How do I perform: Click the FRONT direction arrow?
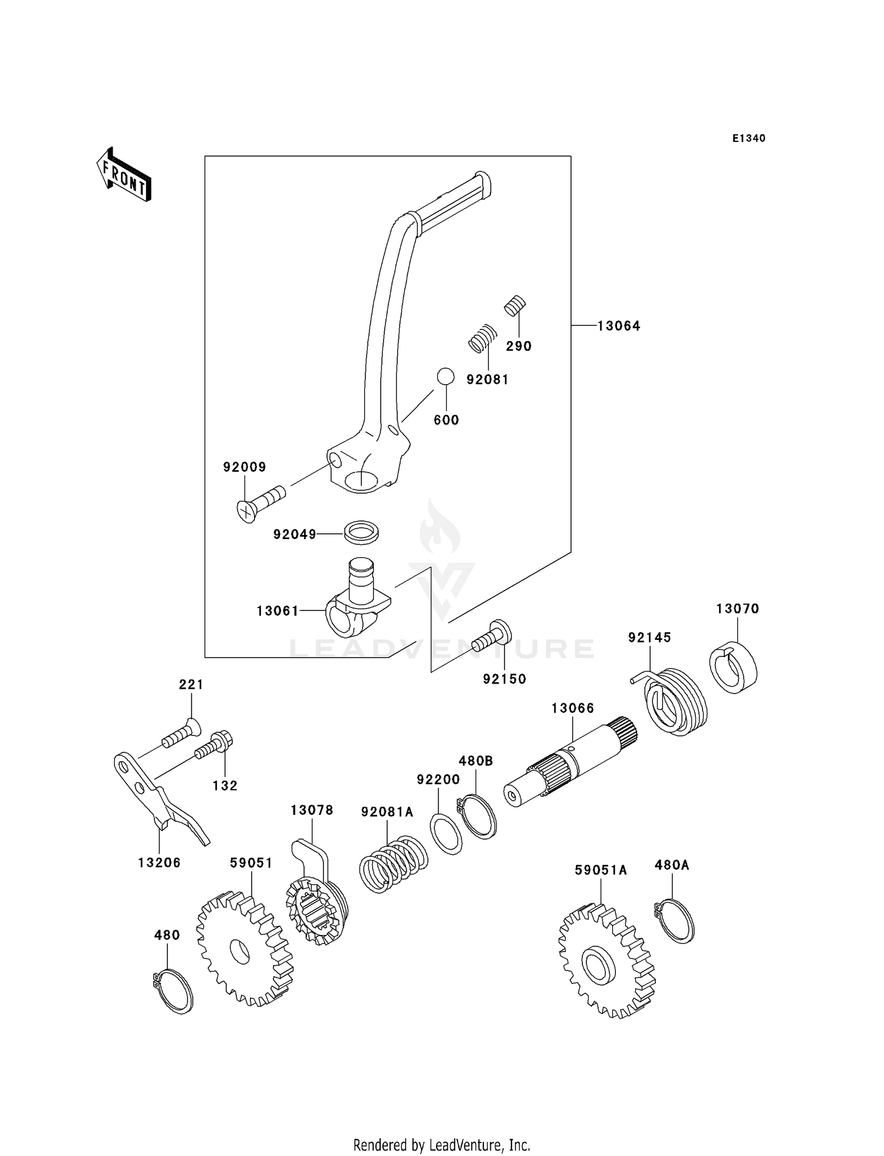pyautogui.click(x=124, y=175)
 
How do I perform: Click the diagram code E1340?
pyautogui.click(x=748, y=138)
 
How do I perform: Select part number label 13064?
pyautogui.click(x=618, y=326)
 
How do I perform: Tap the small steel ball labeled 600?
pyautogui.click(x=446, y=376)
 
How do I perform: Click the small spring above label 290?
pyautogui.click(x=515, y=305)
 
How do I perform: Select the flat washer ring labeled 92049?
pyautogui.click(x=361, y=531)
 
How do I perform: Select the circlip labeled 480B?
pyautogui.click(x=478, y=816)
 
